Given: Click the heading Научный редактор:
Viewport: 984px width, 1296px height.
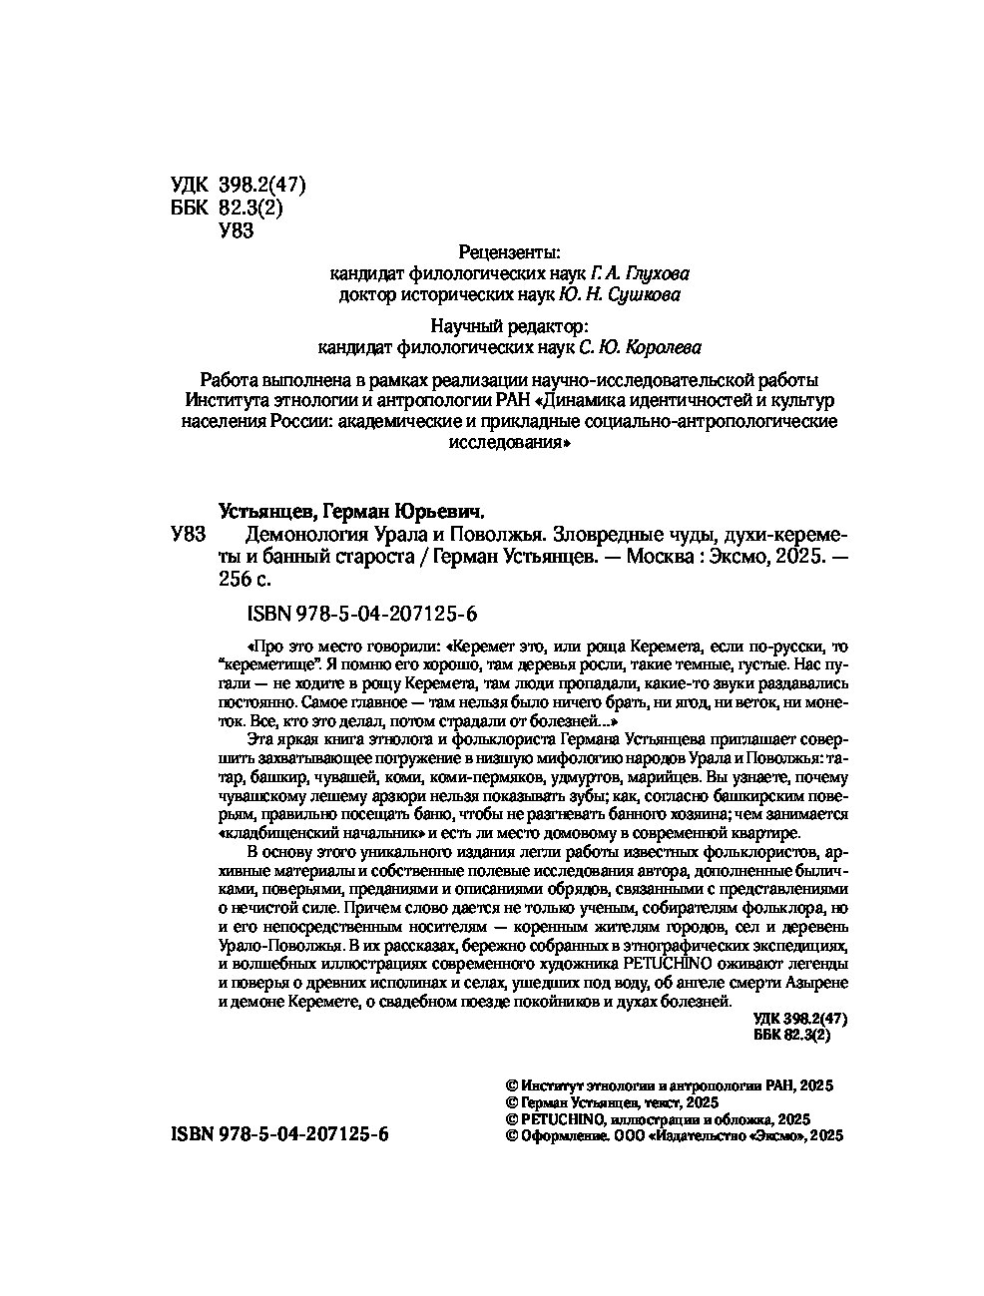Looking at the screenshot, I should point(508,326).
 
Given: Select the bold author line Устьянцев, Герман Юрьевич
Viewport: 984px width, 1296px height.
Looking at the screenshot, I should point(350,512).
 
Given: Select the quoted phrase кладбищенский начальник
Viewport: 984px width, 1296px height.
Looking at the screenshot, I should point(327,833).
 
